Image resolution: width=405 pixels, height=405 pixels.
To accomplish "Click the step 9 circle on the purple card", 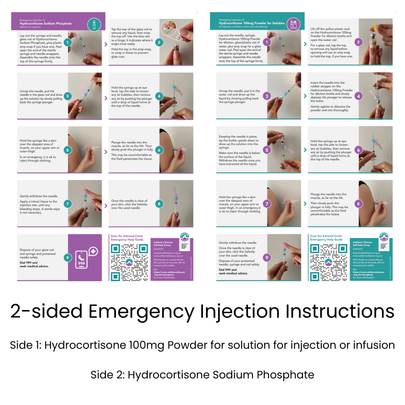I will coord(67,258).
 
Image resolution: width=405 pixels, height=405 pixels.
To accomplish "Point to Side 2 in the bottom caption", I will coord(106,374).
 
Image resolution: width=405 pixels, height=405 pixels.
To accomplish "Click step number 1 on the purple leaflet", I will coord(67,43).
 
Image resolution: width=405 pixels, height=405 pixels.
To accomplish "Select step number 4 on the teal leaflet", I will coord(359,96).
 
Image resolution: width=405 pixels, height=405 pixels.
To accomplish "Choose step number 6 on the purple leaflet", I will coord(160,150).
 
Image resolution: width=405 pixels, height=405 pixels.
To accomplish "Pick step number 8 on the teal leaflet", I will coord(359,203).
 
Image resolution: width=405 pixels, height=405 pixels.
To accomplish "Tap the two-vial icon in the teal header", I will coord(293,22).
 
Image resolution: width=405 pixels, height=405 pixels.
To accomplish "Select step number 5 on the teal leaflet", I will coord(266,150).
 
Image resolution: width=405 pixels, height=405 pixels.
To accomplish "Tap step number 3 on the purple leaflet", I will coord(67,96).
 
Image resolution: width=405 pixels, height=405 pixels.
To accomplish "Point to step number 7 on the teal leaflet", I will coord(266,203).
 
